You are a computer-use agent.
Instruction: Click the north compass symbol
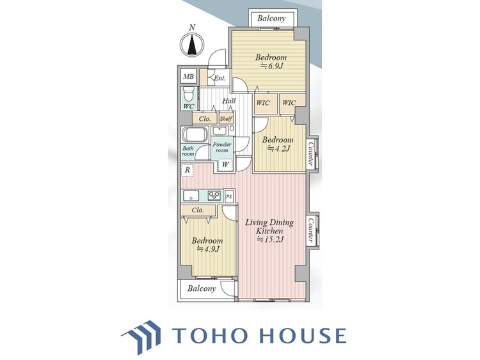pyautogui.click(x=191, y=45)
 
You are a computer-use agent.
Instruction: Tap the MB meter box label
pyautogui.click(x=188, y=77)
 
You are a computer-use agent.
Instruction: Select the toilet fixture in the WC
pyautogui.click(x=188, y=93)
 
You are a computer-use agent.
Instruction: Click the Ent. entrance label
pyautogui.click(x=220, y=78)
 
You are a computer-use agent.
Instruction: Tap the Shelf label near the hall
pyautogui.click(x=226, y=119)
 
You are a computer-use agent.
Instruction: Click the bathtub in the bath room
pyautogui.click(x=195, y=134)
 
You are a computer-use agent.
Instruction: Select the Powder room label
pyautogui.click(x=222, y=147)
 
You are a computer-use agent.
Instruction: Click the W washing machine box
pyautogui.click(x=226, y=164)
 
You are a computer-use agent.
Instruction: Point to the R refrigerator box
pyautogui.click(x=188, y=170)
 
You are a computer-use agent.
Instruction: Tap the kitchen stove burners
pyautogui.click(x=214, y=196)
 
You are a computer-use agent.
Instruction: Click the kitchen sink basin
pyautogui.click(x=191, y=196)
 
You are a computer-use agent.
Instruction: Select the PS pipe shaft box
pyautogui.click(x=228, y=197)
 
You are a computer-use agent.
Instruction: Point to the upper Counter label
pyautogui.click(x=310, y=153)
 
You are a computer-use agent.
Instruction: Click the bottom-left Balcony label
pyautogui.click(x=202, y=288)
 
